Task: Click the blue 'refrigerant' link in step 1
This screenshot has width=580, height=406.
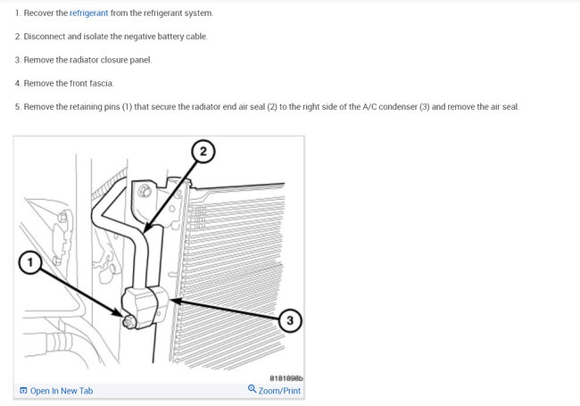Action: (88, 13)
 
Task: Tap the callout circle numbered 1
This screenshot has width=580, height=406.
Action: (30, 262)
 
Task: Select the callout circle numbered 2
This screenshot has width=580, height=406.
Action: (203, 151)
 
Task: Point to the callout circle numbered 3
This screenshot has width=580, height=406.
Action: (290, 320)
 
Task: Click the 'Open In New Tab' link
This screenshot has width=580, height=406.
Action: (62, 391)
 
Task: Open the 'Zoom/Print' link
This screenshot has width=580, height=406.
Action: (279, 391)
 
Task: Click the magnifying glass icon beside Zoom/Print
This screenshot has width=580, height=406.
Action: (252, 389)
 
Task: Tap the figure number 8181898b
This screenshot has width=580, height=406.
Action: (286, 378)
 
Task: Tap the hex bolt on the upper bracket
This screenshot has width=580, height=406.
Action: (145, 191)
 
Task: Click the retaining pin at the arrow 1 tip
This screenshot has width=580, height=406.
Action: (128, 322)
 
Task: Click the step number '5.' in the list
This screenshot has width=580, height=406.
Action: (18, 107)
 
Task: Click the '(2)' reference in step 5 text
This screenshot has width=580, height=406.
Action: (272, 107)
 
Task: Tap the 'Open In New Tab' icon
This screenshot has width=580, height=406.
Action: (23, 391)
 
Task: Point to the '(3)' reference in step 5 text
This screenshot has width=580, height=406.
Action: (424, 107)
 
